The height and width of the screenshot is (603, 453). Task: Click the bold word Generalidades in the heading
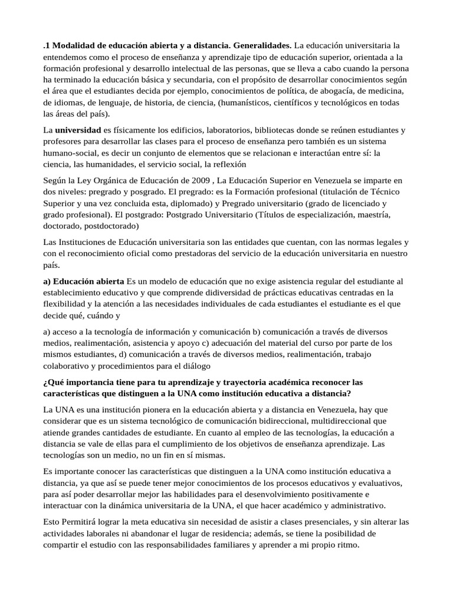tap(261, 45)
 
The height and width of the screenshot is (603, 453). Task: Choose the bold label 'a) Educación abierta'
tap(84, 281)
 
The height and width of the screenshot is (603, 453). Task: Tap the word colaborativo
tap(68, 366)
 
